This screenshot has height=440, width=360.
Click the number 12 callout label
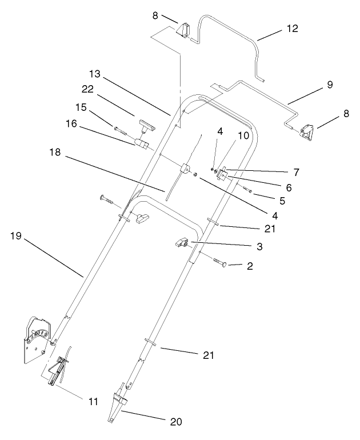(x=291, y=28)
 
